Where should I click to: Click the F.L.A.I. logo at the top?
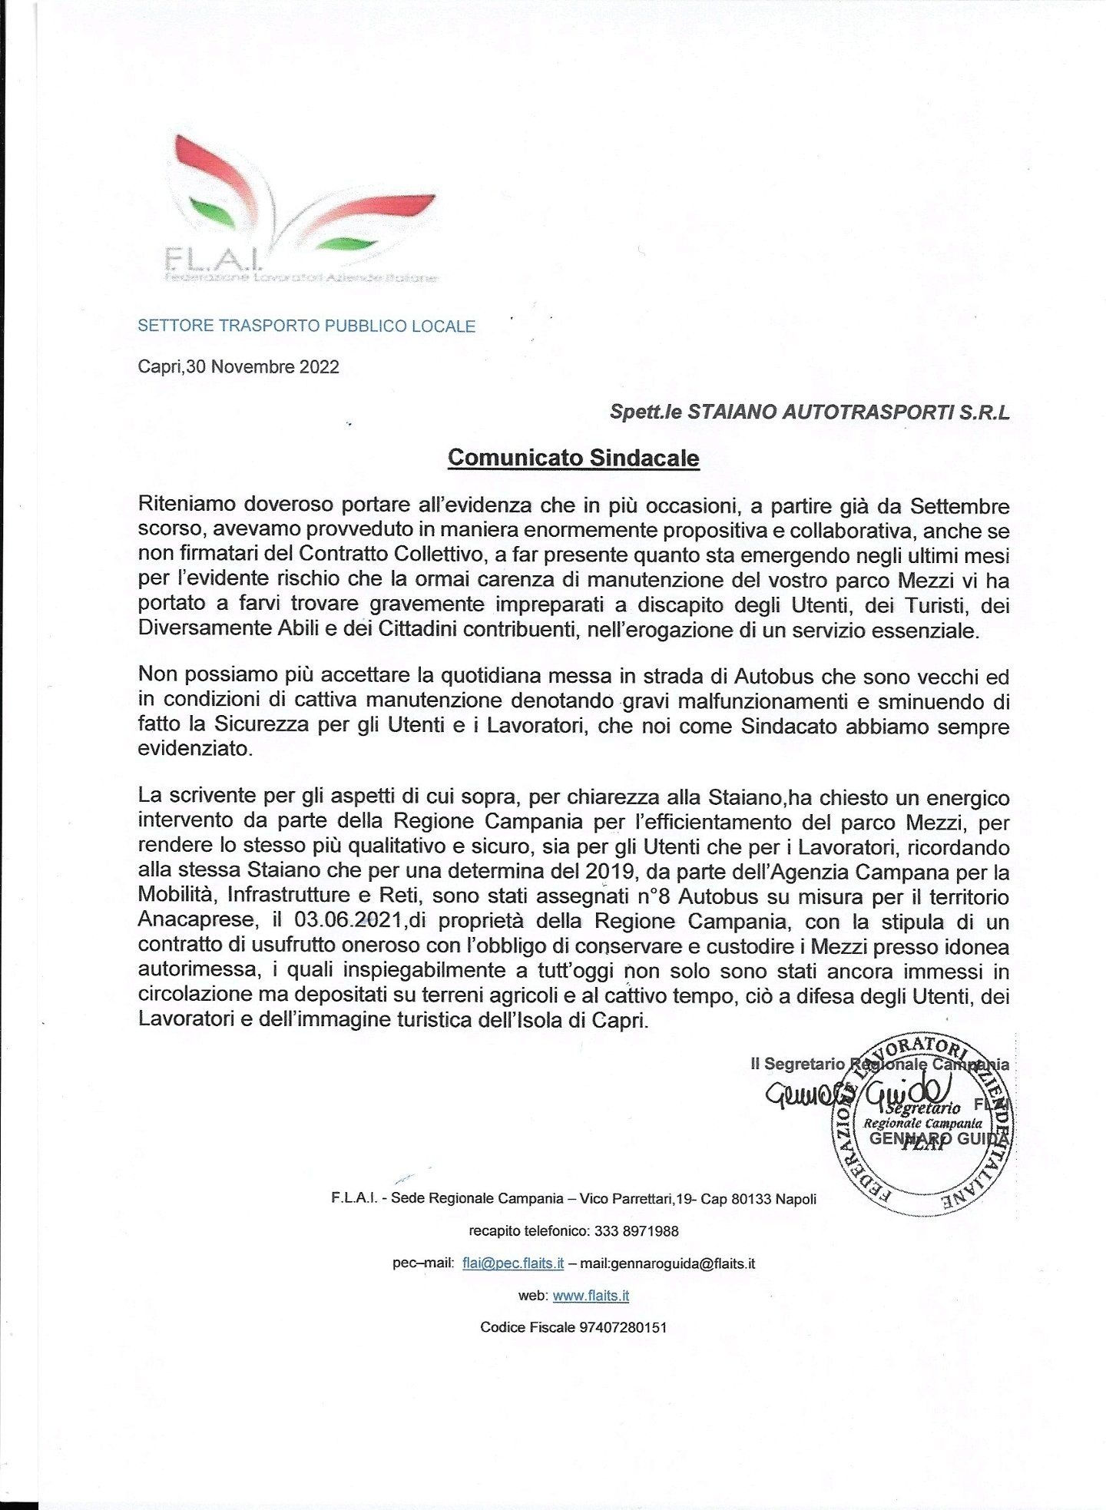pyautogui.click(x=300, y=211)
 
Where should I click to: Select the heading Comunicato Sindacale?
pyautogui.click(x=573, y=458)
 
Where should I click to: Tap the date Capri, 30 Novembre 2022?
pyautogui.click(x=238, y=367)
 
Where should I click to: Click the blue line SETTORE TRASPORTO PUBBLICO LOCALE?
pyautogui.click(x=306, y=326)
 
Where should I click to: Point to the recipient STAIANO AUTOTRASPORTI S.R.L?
pyautogui.click(x=848, y=412)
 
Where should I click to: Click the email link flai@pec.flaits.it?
pyautogui.click(x=512, y=1263)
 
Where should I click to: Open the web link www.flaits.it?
pyautogui.click(x=591, y=1296)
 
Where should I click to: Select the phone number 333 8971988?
pyautogui.click(x=636, y=1231)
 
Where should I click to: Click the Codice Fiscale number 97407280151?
pyautogui.click(x=622, y=1327)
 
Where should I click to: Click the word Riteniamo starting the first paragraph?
pyautogui.click(x=187, y=505)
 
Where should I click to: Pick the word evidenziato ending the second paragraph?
pyautogui.click(x=194, y=749)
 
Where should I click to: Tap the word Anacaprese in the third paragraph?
pyautogui.click(x=196, y=921)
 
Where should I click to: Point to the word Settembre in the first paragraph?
pyautogui.click(x=959, y=506)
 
